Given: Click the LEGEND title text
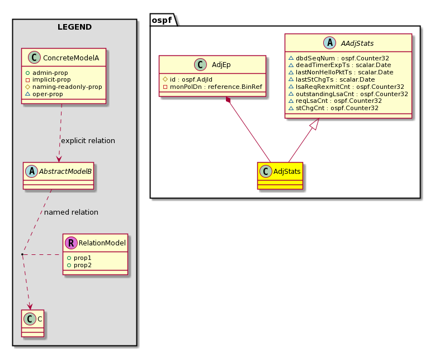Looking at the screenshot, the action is point(74,27).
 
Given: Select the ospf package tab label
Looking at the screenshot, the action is point(162,20).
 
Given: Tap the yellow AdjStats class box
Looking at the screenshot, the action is point(280,176).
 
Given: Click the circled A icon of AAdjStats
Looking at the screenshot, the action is point(330,43).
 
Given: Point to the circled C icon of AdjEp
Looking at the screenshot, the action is point(200,65).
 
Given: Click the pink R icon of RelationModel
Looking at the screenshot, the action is point(71,243).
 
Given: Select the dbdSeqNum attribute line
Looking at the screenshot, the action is point(339,58).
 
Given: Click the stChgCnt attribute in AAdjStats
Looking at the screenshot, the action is point(333,108).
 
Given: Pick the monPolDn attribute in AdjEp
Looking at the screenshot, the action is point(213,87).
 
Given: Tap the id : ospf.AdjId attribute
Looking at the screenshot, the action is point(187,79).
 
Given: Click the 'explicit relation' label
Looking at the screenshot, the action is point(88,140).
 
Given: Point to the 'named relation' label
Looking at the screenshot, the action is point(71,212).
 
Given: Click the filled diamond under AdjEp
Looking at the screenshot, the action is point(228,100).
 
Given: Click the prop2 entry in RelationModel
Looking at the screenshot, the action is point(79,265).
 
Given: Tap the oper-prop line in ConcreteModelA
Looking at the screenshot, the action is point(44,94).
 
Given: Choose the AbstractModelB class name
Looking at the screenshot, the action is point(65,171).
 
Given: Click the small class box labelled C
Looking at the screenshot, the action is point(33,323).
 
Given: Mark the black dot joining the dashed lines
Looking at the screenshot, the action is point(22,254).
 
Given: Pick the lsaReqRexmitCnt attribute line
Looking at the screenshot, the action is point(346,87).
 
